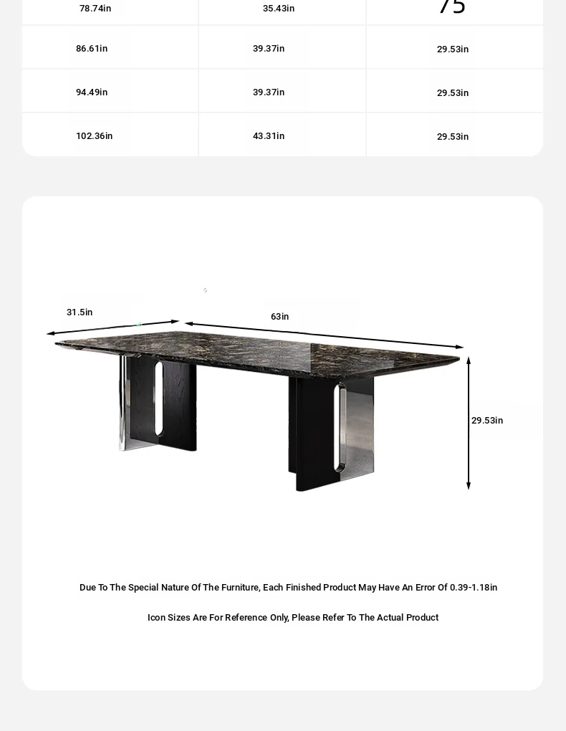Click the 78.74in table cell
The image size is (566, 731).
point(95,9)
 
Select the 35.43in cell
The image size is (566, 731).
point(279,9)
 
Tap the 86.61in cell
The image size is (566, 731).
point(92,49)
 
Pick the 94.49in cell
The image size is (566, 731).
point(92,92)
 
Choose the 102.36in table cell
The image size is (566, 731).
point(95,136)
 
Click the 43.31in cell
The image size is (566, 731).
point(269,136)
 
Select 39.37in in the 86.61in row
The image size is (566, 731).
point(269,49)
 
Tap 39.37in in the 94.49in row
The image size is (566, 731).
point(269,92)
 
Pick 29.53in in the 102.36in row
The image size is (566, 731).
point(453,137)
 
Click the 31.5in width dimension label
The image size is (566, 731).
point(80,312)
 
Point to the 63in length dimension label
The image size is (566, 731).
point(280,317)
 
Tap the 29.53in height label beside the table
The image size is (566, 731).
point(487,421)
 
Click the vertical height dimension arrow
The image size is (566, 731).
point(469,423)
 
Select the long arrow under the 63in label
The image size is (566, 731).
point(324,335)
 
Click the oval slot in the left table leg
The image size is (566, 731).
point(158,398)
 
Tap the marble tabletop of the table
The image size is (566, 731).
point(258,349)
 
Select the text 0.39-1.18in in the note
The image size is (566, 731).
point(474,588)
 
